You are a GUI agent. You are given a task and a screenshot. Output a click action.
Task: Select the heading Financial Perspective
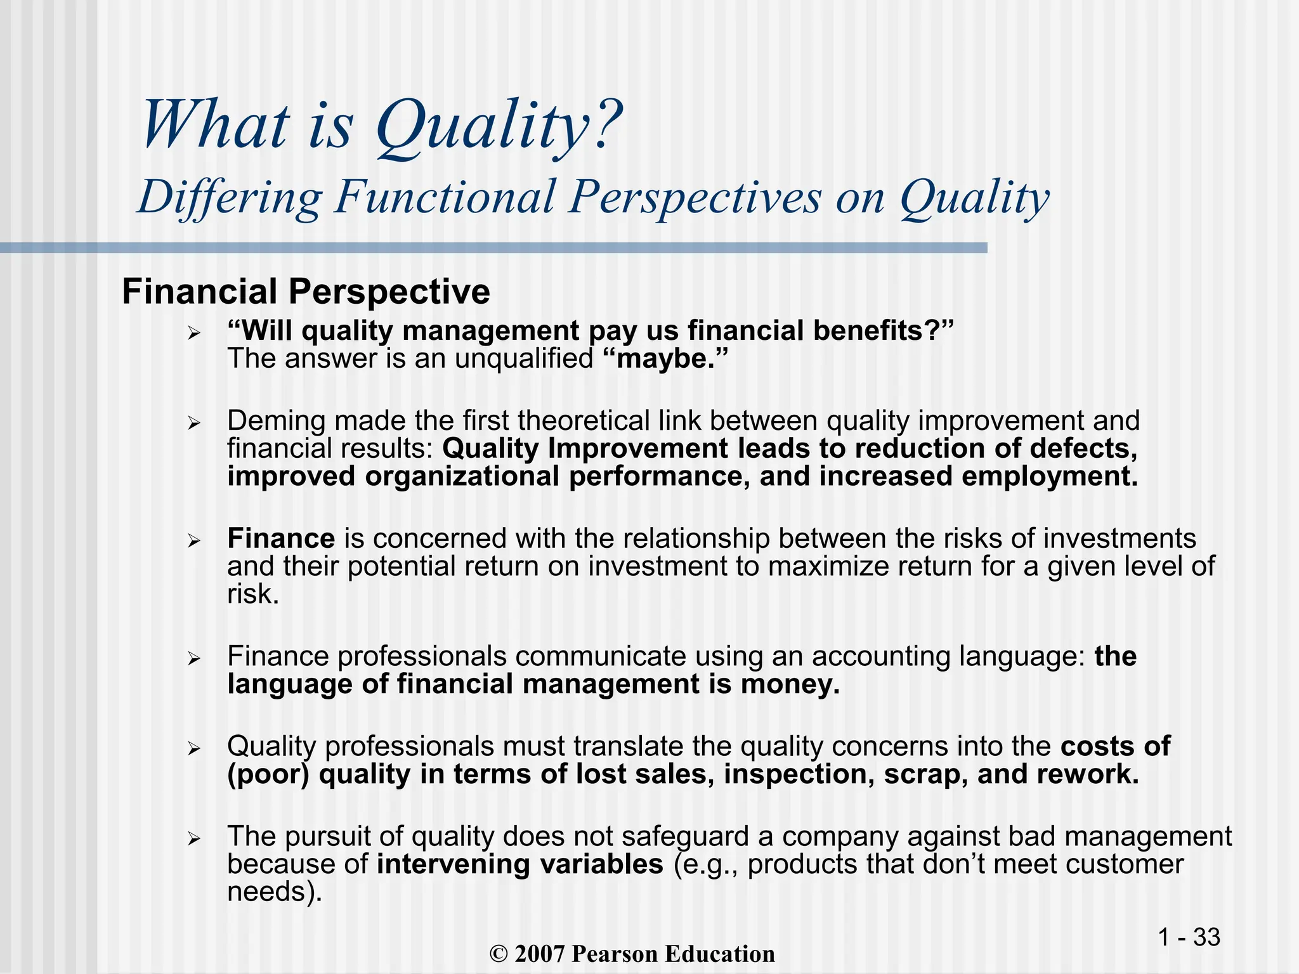pos(306,292)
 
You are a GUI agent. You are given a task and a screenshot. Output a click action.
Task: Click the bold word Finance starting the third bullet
pos(281,539)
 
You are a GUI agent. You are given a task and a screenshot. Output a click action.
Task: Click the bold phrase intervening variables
pos(520,864)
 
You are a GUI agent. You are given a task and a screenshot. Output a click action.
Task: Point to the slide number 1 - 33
pos(1189,937)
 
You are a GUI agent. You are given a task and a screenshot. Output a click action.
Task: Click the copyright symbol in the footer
pos(499,954)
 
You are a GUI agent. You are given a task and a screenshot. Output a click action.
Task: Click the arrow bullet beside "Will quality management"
pos(194,332)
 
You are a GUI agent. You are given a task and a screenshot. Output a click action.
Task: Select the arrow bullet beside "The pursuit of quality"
pos(194,838)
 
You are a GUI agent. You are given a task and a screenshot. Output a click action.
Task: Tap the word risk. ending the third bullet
pos(253,594)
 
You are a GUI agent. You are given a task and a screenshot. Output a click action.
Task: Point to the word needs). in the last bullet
pos(275,892)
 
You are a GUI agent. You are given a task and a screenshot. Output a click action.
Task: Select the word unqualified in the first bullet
pos(524,359)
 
